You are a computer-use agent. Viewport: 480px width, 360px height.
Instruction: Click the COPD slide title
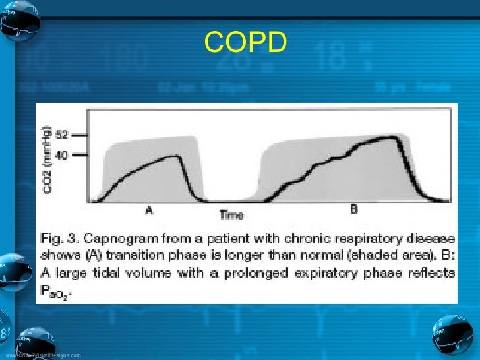pos(245,44)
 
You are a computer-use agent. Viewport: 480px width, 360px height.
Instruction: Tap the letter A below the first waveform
pos(150,210)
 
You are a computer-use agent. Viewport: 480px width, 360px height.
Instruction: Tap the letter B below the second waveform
pos(353,210)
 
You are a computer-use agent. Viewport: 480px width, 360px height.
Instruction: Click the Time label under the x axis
pos(231,214)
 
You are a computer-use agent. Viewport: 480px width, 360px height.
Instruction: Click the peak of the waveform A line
pos(174,156)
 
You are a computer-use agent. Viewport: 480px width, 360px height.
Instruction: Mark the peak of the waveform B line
pos(393,137)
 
